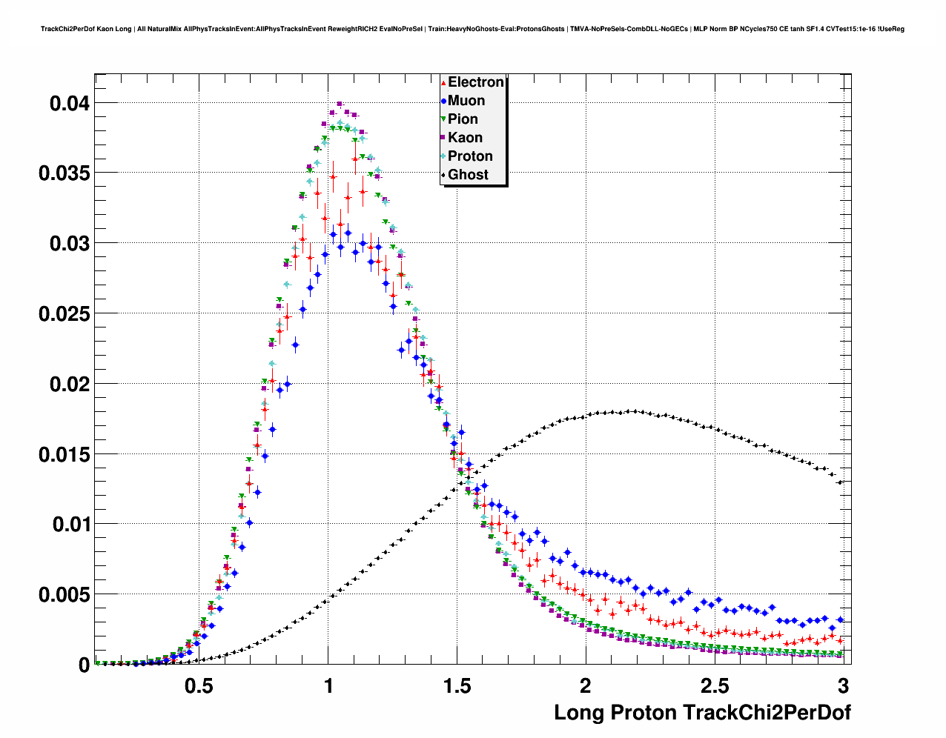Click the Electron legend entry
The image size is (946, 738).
coord(475,82)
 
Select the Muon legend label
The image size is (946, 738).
coord(466,101)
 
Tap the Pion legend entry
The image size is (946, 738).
coord(463,119)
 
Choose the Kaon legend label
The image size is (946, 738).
coord(465,138)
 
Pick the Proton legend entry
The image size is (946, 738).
coord(470,156)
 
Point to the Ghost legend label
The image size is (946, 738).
coord(468,175)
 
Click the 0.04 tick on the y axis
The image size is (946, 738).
coord(70,104)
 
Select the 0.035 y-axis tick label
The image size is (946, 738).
coord(64,173)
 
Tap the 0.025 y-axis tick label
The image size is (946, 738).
coord(64,314)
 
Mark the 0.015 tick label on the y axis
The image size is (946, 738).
coord(64,454)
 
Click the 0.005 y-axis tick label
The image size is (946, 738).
coord(64,595)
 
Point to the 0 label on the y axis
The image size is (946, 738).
coord(84,665)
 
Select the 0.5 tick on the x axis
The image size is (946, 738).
coord(199,685)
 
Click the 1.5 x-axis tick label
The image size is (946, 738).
coord(457,685)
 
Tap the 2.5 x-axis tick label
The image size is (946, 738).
coord(714,685)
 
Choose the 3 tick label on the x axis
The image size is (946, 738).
coord(842,685)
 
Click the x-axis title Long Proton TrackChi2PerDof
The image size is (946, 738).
coord(702,713)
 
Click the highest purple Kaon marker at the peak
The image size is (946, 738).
coord(340,104)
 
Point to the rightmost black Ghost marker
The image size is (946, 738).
coord(840,482)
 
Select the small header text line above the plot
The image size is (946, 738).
coord(472,29)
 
